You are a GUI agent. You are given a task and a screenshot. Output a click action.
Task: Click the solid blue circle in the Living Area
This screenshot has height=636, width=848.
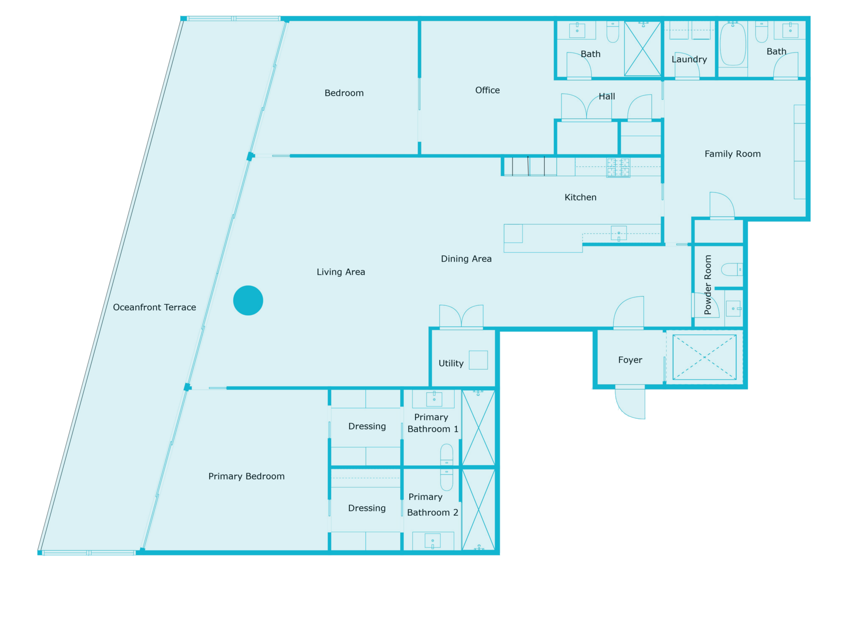[248, 301]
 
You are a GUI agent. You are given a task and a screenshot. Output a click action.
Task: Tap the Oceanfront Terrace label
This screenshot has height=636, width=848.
[154, 307]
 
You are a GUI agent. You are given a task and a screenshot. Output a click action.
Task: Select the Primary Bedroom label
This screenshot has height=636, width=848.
[246, 476]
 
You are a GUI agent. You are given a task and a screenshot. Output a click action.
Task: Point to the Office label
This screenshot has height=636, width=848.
[488, 91]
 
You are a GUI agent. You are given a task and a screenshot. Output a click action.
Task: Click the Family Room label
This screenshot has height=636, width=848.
[732, 154]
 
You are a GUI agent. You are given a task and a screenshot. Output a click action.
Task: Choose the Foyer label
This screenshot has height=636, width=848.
[630, 360]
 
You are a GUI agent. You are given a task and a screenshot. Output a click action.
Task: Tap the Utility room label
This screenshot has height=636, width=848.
[451, 364]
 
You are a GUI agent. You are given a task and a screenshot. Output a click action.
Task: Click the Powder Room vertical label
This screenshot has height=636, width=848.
[708, 285]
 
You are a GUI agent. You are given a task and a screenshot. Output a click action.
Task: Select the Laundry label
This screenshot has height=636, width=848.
[689, 59]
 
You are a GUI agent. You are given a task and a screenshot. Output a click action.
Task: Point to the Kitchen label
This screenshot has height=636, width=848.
[580, 198]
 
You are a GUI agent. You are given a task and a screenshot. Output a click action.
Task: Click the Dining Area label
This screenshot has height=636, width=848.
[466, 259]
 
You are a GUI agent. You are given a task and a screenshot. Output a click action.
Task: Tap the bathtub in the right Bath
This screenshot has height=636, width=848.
[733, 45]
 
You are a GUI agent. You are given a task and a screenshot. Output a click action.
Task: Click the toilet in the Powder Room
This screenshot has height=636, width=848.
[732, 269]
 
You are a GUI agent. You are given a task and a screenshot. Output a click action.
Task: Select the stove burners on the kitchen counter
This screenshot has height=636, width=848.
[618, 167]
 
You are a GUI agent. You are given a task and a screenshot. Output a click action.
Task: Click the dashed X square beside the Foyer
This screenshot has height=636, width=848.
[704, 357]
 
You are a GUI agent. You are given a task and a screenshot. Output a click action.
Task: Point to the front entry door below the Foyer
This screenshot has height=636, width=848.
[630, 403]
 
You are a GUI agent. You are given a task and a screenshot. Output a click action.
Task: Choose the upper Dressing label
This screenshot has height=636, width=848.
[367, 427]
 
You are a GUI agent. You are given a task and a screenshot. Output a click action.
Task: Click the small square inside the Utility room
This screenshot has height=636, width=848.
[478, 360]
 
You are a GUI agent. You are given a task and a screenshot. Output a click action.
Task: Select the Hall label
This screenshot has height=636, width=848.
[607, 96]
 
